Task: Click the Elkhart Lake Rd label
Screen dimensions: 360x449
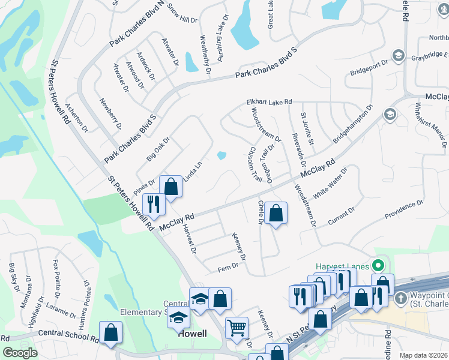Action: [268, 103]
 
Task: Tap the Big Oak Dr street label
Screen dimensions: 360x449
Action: [158, 149]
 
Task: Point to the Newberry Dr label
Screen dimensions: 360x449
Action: [111, 113]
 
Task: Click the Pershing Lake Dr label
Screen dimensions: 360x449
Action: [220, 35]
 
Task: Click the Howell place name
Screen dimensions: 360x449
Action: [192, 334]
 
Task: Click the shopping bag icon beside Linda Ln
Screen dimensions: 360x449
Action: [171, 186]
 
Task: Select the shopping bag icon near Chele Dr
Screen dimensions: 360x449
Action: [276, 212]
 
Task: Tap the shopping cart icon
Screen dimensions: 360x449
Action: [237, 328]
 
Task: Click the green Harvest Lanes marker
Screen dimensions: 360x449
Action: [378, 265]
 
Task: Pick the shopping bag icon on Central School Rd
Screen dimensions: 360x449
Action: [111, 332]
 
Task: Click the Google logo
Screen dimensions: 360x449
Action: [20, 353]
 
